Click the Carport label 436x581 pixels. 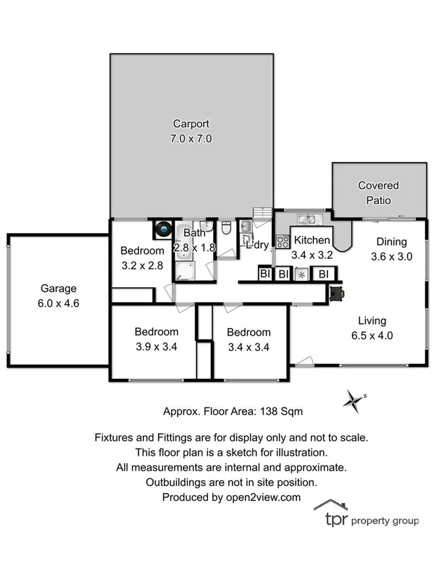coord(191,124)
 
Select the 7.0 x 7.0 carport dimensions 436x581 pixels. coord(191,138)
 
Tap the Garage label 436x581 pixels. coord(59,289)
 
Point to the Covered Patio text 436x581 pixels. coord(379,192)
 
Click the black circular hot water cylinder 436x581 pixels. coord(162,229)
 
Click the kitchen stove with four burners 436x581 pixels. coord(283,241)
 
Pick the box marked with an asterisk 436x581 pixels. coord(302,274)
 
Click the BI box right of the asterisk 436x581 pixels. coord(323,274)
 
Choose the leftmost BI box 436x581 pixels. coord(265,274)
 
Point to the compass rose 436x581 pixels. coord(353,400)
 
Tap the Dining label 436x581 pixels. coord(391,242)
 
